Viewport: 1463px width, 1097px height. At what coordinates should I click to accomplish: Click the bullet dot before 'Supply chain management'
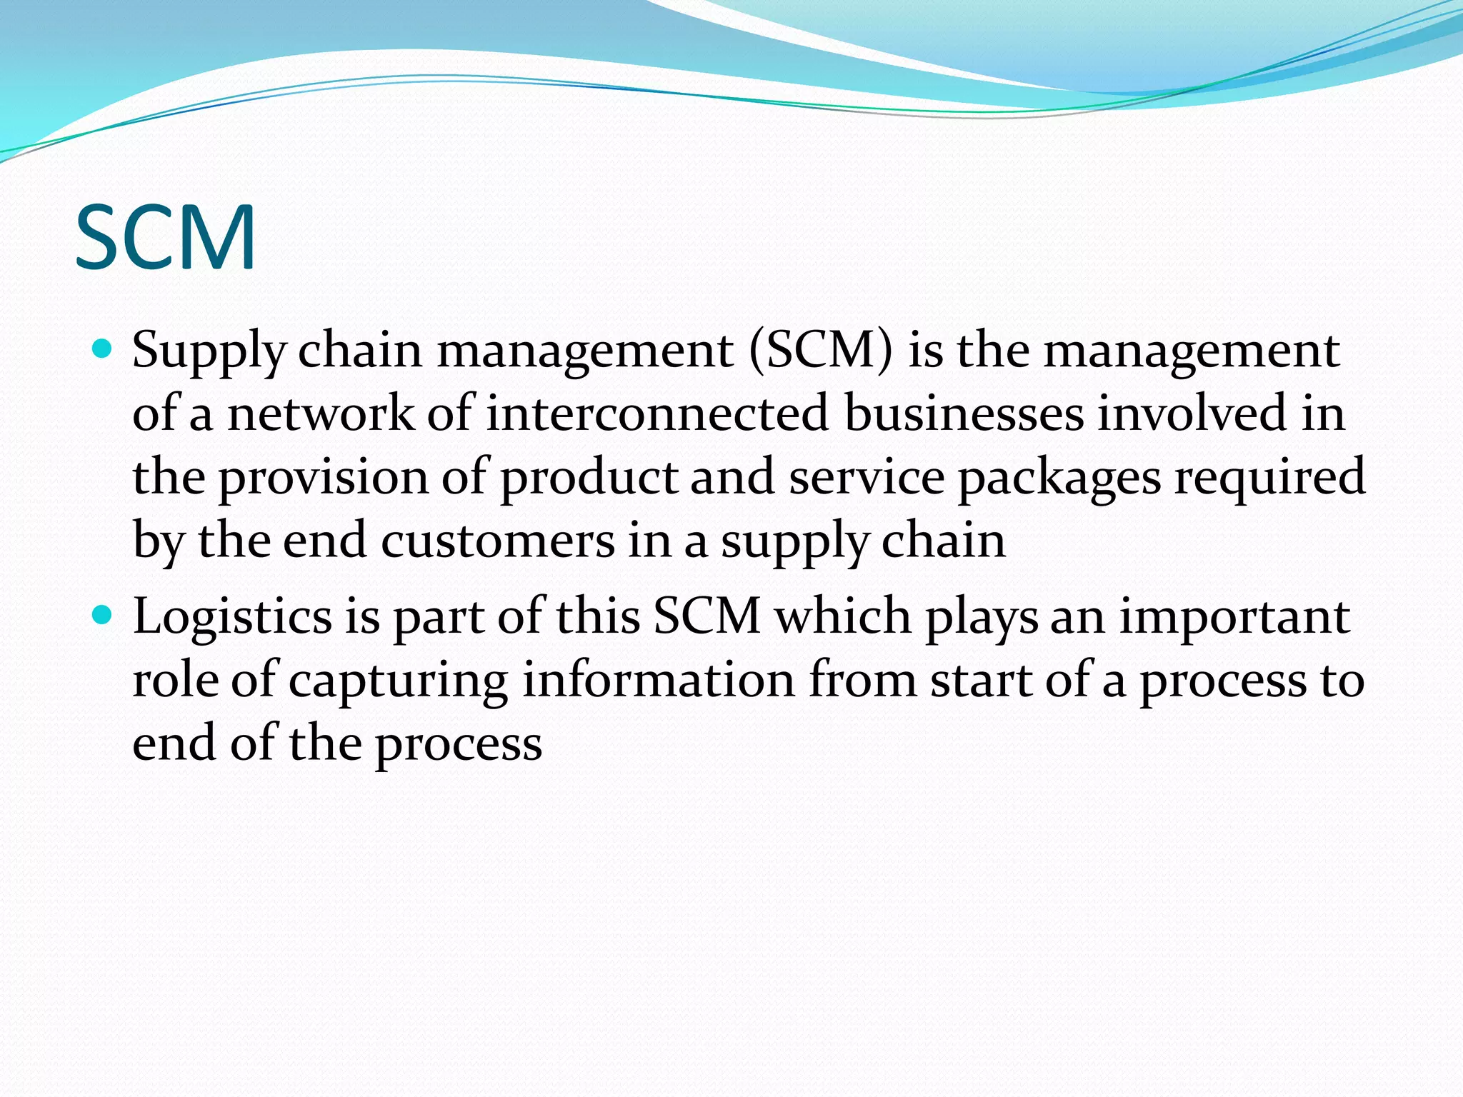click(x=103, y=349)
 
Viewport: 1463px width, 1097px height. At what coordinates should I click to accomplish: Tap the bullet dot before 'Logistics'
click(x=103, y=614)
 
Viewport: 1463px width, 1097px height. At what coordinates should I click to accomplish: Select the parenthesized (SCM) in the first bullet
click(x=821, y=351)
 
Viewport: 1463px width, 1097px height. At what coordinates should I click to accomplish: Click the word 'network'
click(x=321, y=414)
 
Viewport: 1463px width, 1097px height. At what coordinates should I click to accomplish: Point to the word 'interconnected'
click(x=657, y=414)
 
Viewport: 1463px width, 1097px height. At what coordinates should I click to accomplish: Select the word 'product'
click(x=589, y=478)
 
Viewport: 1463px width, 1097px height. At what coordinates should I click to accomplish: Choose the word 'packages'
click(x=1059, y=478)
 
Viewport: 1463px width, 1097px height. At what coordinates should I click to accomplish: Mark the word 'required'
click(x=1270, y=478)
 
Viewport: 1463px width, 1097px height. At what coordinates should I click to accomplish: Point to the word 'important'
click(x=1234, y=616)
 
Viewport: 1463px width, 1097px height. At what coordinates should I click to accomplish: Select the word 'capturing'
click(x=399, y=681)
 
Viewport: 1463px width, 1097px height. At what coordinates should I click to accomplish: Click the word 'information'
click(x=659, y=679)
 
